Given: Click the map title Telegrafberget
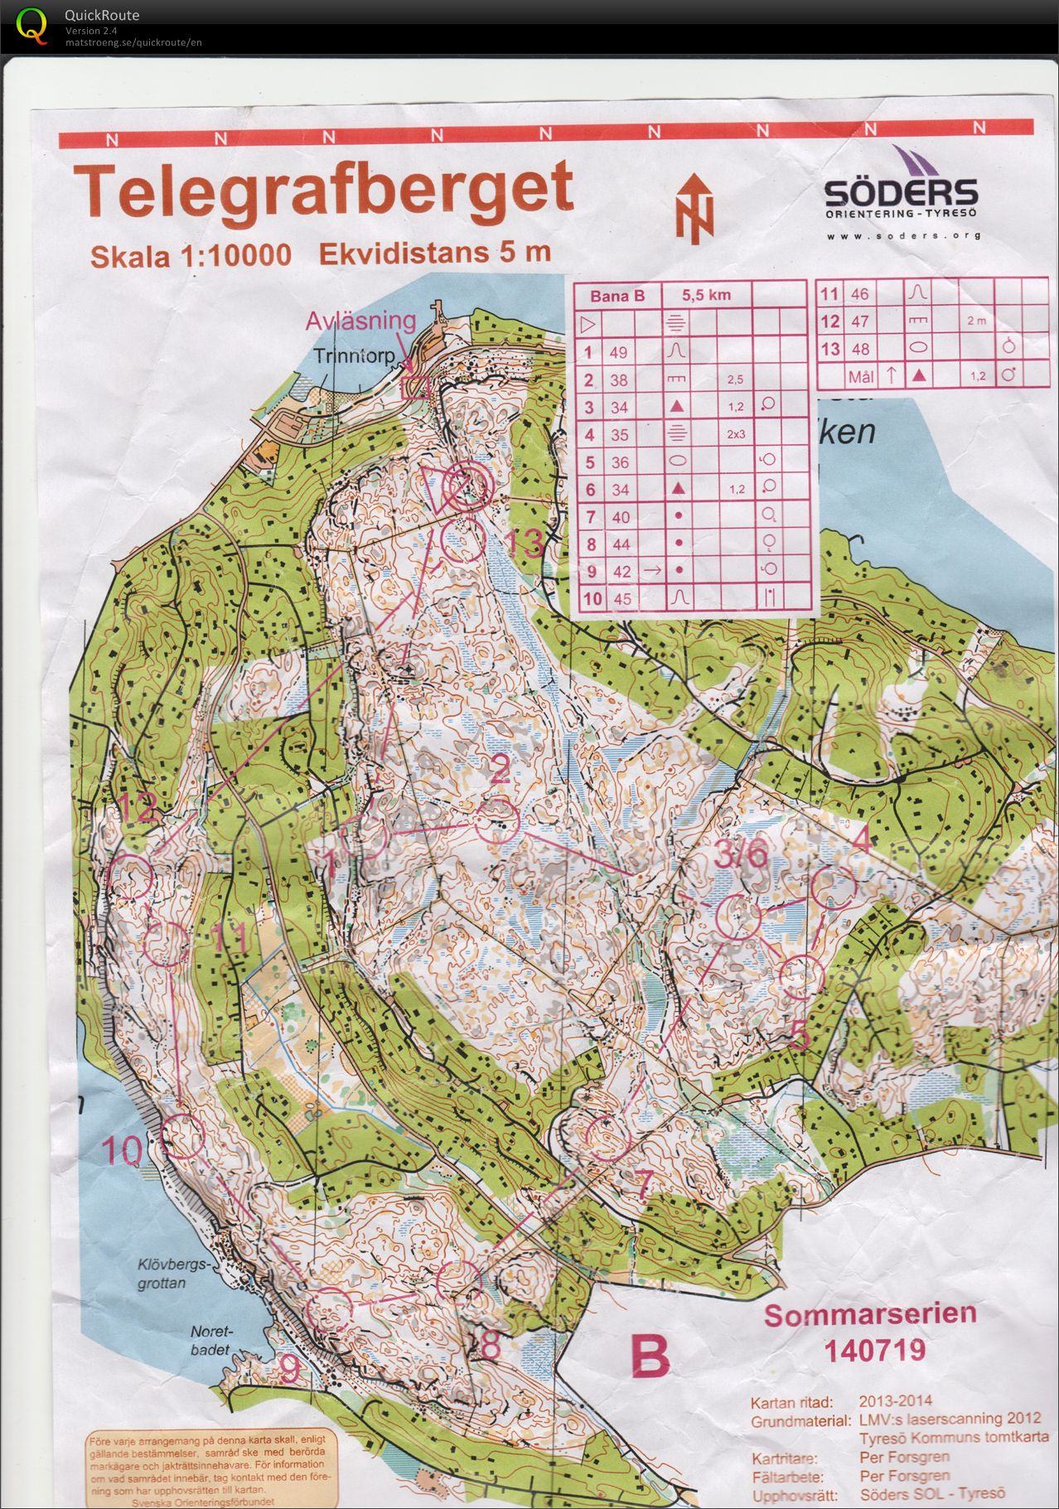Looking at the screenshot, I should click(x=323, y=191).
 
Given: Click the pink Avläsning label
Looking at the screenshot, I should click(x=360, y=322).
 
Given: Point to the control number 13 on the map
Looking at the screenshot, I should click(x=524, y=543).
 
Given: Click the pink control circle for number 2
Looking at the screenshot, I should click(x=497, y=820).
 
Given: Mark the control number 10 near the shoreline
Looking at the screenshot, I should click(x=122, y=1151).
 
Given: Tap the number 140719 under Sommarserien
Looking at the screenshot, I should click(x=874, y=1351).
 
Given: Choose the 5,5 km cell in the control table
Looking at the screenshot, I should click(x=707, y=295).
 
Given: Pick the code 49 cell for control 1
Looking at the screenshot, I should click(x=618, y=352).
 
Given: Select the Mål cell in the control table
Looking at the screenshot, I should click(x=861, y=376).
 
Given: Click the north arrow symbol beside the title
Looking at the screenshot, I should click(x=694, y=209).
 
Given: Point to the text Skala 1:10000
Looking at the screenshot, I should click(x=191, y=256).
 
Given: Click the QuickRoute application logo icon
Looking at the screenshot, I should click(x=31, y=25).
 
